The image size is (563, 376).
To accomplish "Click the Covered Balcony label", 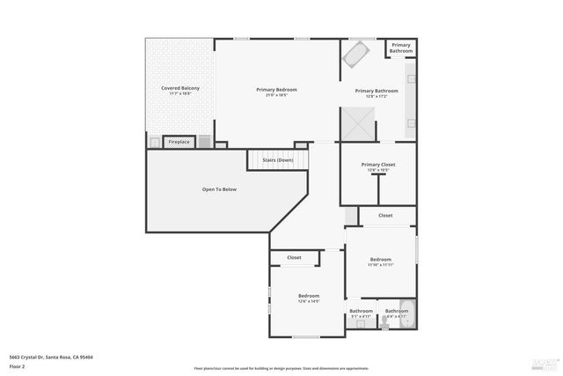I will click(179, 88).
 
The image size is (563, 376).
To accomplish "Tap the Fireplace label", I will click(179, 142).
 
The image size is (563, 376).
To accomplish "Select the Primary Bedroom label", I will click(276, 89).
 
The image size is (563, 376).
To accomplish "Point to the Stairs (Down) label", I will click(278, 160).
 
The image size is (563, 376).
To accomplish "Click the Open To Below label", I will click(219, 189).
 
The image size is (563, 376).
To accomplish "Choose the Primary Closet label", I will click(378, 165).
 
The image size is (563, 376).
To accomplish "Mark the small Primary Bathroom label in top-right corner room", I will click(401, 48).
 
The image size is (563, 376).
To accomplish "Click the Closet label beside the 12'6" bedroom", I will click(294, 258).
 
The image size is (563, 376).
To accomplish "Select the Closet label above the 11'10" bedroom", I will click(385, 215).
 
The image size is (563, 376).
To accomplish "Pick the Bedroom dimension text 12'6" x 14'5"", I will click(308, 302).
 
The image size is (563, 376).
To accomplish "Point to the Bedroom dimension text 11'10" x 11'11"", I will click(380, 265).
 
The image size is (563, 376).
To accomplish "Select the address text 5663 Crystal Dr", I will click(51, 357).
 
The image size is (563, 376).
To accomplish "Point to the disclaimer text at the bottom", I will click(281, 368).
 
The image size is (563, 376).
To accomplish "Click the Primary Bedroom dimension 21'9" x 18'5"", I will click(276, 95).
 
